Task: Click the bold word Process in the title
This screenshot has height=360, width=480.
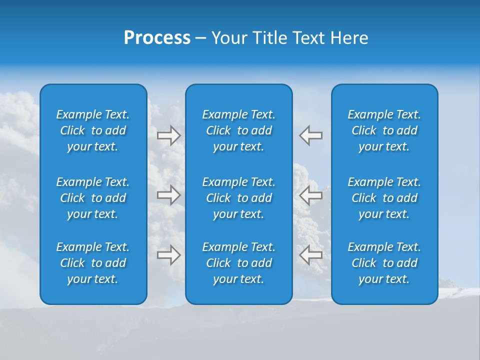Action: (157, 38)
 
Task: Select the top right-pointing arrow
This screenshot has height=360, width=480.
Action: (169, 135)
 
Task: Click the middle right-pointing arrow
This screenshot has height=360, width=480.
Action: (169, 195)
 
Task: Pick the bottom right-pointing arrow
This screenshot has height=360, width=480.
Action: (169, 255)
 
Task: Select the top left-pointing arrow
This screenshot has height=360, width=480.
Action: (311, 135)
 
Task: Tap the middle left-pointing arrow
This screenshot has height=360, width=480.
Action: (311, 195)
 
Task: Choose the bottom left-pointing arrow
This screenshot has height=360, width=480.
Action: (311, 255)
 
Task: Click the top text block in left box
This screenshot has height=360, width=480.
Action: (93, 130)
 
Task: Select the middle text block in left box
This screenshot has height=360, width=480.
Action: (93, 198)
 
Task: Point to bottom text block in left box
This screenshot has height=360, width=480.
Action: (93, 263)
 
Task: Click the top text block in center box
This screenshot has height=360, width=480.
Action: (239, 130)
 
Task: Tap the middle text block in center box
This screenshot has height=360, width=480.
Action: (239, 198)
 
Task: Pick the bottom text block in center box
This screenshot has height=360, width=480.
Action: (239, 263)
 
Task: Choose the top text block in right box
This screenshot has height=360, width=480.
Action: (384, 130)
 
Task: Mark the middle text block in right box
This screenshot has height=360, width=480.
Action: (384, 198)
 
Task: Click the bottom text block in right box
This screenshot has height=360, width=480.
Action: (384, 263)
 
